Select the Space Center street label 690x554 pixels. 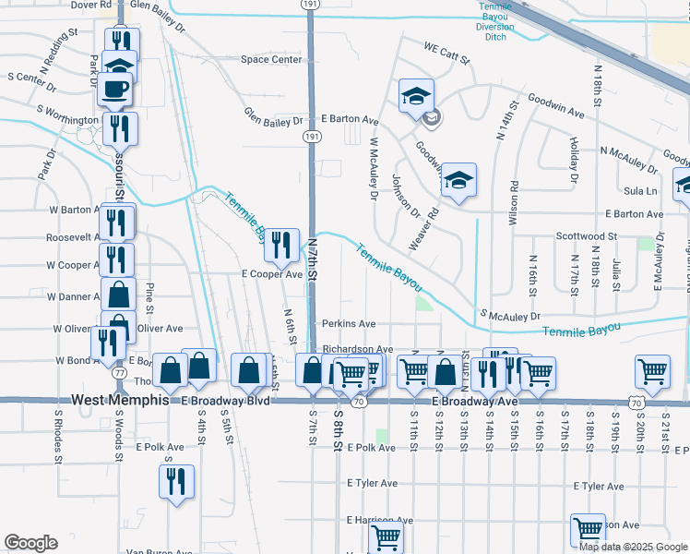(271, 60)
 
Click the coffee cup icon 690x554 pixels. (115, 89)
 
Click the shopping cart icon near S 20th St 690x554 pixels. (652, 370)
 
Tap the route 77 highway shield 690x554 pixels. (120, 372)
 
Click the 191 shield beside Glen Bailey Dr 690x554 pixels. (311, 136)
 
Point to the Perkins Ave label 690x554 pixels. (349, 324)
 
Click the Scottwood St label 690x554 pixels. (586, 237)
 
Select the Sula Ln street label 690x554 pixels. (639, 191)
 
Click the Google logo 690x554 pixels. (30, 543)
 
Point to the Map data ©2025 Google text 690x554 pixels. (633, 547)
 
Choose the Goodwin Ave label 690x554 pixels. (555, 105)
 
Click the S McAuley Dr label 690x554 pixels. (508, 316)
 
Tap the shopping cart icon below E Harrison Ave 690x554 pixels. (386, 536)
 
